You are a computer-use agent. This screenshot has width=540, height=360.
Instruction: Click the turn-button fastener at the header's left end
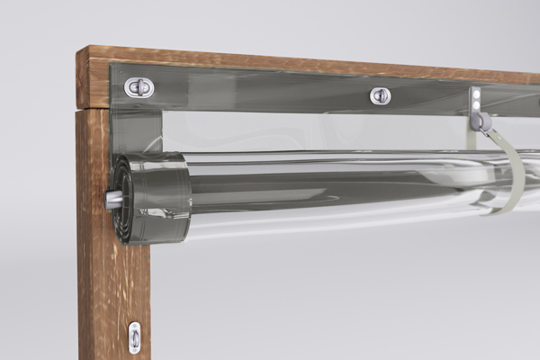point(139,86)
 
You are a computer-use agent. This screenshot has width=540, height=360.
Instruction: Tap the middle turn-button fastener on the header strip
point(381,94)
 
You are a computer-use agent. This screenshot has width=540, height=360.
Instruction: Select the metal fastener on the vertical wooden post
point(134,336)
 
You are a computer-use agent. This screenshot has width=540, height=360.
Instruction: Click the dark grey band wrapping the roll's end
point(162,198)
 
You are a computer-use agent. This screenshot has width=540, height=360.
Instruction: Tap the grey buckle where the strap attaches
point(483,121)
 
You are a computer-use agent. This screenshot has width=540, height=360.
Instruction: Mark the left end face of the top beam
point(85,79)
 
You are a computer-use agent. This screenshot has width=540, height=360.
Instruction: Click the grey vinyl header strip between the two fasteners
point(261,90)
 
